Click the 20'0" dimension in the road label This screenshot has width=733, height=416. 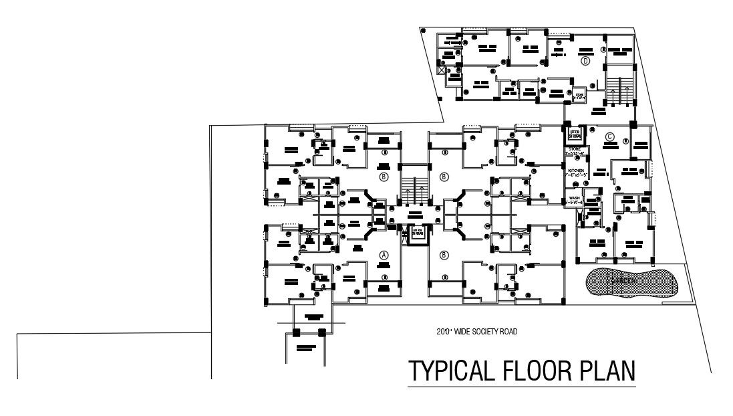[x=444, y=331]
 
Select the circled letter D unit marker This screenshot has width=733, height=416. [x=585, y=61]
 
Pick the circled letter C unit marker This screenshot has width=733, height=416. [x=609, y=137]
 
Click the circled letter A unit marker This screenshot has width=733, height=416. [x=384, y=255]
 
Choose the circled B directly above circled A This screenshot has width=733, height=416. [x=384, y=177]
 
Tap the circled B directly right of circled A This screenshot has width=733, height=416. [x=444, y=255]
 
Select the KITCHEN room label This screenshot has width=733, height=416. [x=576, y=172]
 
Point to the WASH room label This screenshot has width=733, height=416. [x=574, y=197]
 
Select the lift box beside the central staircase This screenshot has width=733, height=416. [x=418, y=234]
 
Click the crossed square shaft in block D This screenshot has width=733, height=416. [x=442, y=68]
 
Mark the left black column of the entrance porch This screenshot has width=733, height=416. [x=297, y=332]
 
